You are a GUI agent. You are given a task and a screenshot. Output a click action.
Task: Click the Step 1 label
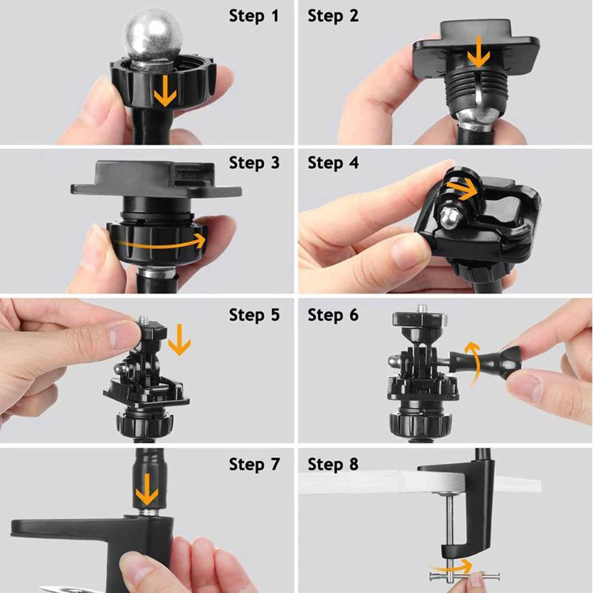pos(254,15)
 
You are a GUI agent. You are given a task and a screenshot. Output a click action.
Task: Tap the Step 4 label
pos(333,162)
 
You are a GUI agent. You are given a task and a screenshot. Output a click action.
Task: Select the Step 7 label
pos(254,465)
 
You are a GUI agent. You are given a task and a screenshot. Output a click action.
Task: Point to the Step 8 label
pos(333,465)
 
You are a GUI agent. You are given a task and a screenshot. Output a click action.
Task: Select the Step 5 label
pos(254,315)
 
